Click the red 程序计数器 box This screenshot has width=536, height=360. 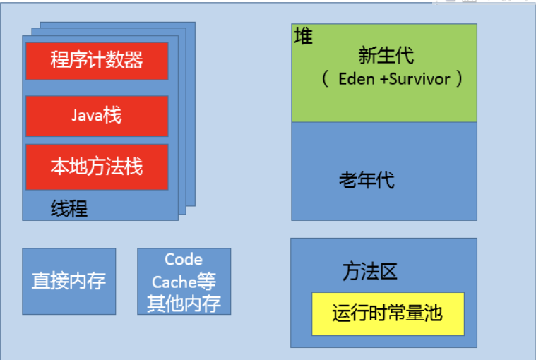coord(97,61)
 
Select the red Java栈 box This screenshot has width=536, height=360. coord(97,116)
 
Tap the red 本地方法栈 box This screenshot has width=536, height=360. coord(97,167)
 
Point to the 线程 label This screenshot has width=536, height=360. coord(69,208)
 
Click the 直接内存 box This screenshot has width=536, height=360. coord(69,281)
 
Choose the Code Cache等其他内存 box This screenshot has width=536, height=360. coord(184,281)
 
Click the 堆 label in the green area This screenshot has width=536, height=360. coord(303,37)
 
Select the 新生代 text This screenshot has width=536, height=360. coord(386,55)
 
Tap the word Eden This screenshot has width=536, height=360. coord(357,78)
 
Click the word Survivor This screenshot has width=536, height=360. coord(419,78)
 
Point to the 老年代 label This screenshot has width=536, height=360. coord(367,180)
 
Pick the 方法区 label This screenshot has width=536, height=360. coord(370,272)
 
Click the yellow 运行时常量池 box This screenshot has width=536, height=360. coord(388,313)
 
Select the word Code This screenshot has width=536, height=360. coord(184,260)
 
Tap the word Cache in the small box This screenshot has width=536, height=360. coord(172,282)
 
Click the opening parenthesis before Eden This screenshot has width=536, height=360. coord(326,78)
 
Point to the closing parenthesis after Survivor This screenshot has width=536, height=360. coord(459,78)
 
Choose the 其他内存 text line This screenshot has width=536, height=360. coord(184,304)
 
